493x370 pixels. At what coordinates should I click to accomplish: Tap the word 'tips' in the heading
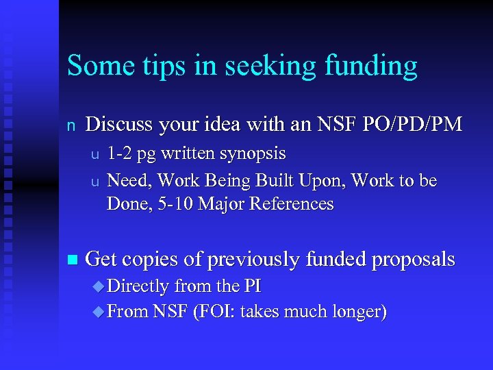pos(160,66)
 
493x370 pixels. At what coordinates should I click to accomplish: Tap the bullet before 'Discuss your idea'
pos(70,125)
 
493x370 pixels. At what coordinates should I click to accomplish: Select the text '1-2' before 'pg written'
pos(121,153)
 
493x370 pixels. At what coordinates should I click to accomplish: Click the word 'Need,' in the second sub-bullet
pos(131,180)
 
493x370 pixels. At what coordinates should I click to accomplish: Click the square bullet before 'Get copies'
pos(73,260)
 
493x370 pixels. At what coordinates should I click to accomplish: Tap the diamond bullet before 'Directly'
pos(97,286)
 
